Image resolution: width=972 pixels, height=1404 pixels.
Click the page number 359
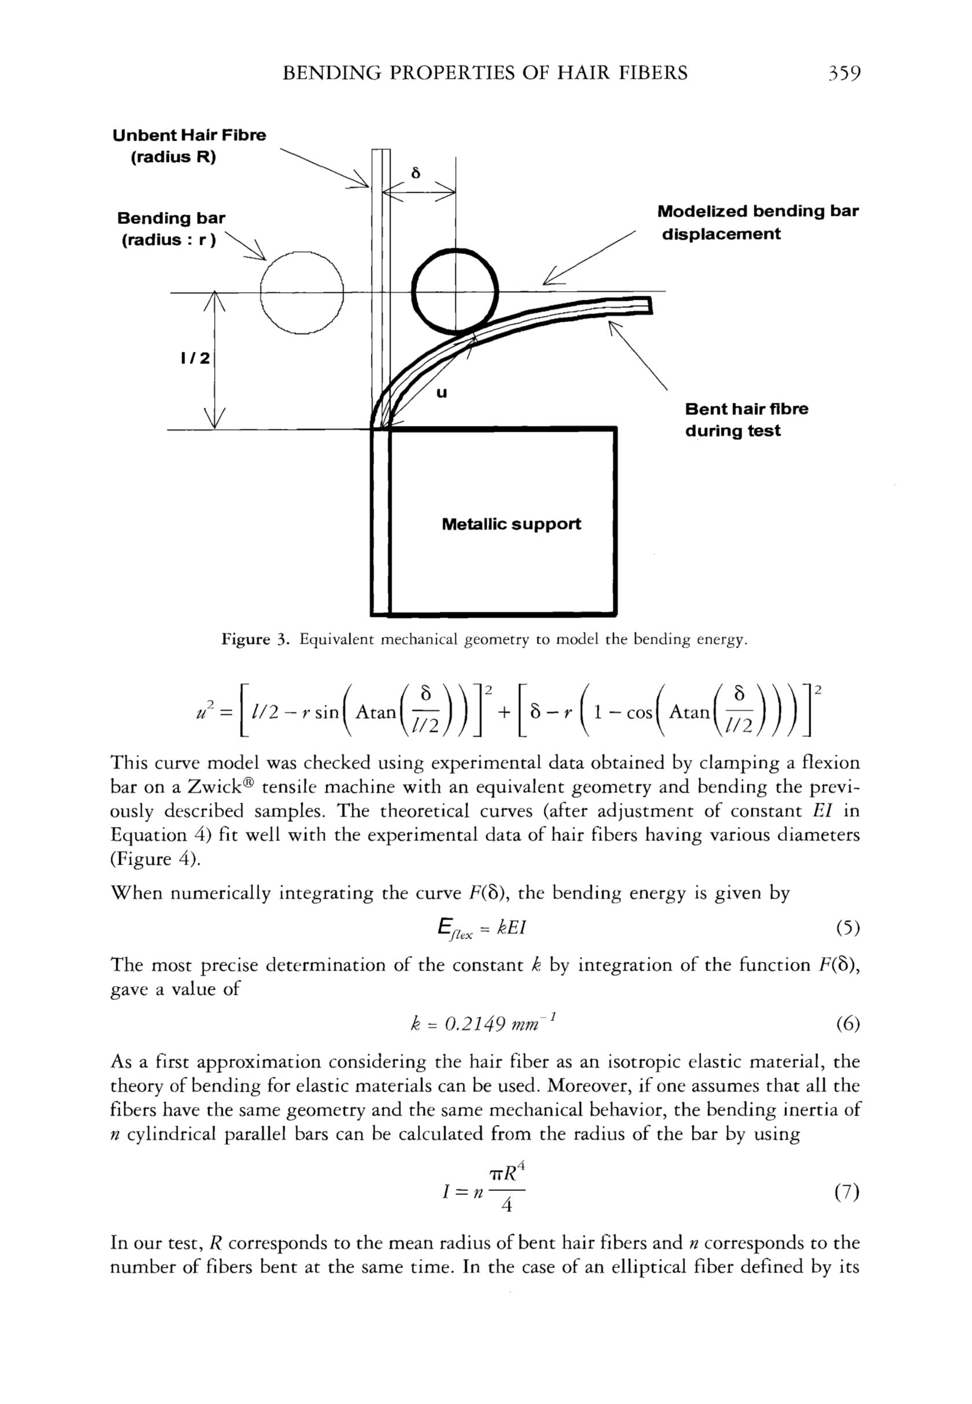(843, 73)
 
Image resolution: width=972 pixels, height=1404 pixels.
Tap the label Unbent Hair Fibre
(189, 135)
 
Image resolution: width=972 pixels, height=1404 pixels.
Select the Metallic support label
(511, 524)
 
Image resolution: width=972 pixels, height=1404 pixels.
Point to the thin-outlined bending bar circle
(302, 293)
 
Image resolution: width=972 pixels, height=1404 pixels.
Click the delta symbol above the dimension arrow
(416, 173)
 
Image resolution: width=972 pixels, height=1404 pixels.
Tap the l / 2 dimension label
(195, 358)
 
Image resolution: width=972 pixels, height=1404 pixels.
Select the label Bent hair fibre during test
(747, 420)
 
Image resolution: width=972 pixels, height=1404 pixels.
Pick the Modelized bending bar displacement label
(757, 222)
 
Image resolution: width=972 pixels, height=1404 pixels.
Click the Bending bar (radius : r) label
(171, 229)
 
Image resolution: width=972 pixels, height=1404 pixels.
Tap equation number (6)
(847, 1024)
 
